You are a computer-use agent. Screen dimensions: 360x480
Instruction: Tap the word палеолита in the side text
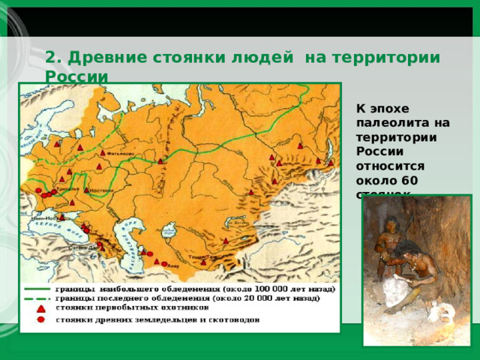click(390, 122)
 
